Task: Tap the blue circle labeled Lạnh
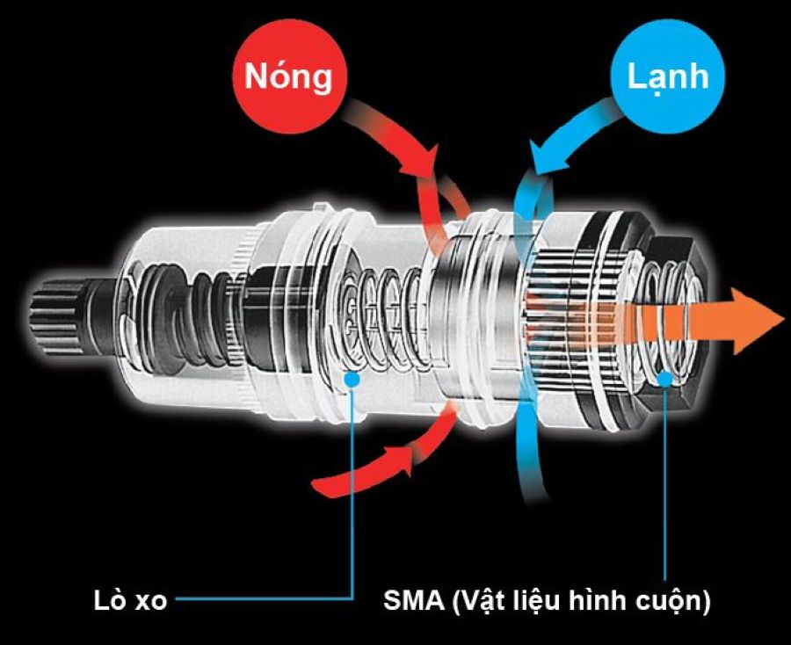(x=667, y=78)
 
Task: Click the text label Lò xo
(x=130, y=603)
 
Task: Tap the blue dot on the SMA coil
(x=664, y=378)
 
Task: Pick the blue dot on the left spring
(x=352, y=379)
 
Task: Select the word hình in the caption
(x=598, y=603)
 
